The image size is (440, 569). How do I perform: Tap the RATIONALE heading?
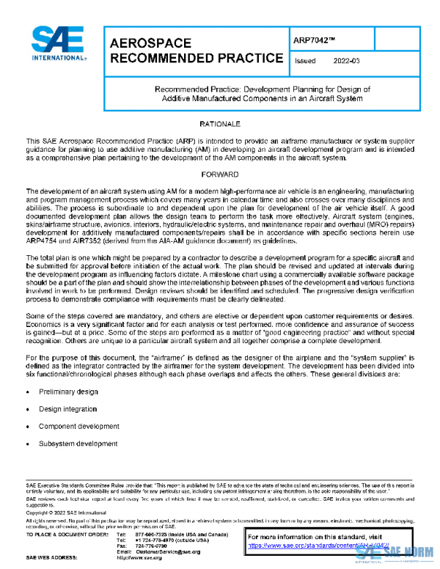point(219,124)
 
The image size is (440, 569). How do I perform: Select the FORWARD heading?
point(219,175)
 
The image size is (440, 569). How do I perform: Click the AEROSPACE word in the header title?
point(150,43)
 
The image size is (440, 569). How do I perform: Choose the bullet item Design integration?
point(68,409)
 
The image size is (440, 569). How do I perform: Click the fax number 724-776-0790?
point(153,546)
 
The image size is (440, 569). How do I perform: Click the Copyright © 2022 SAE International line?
point(66,513)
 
